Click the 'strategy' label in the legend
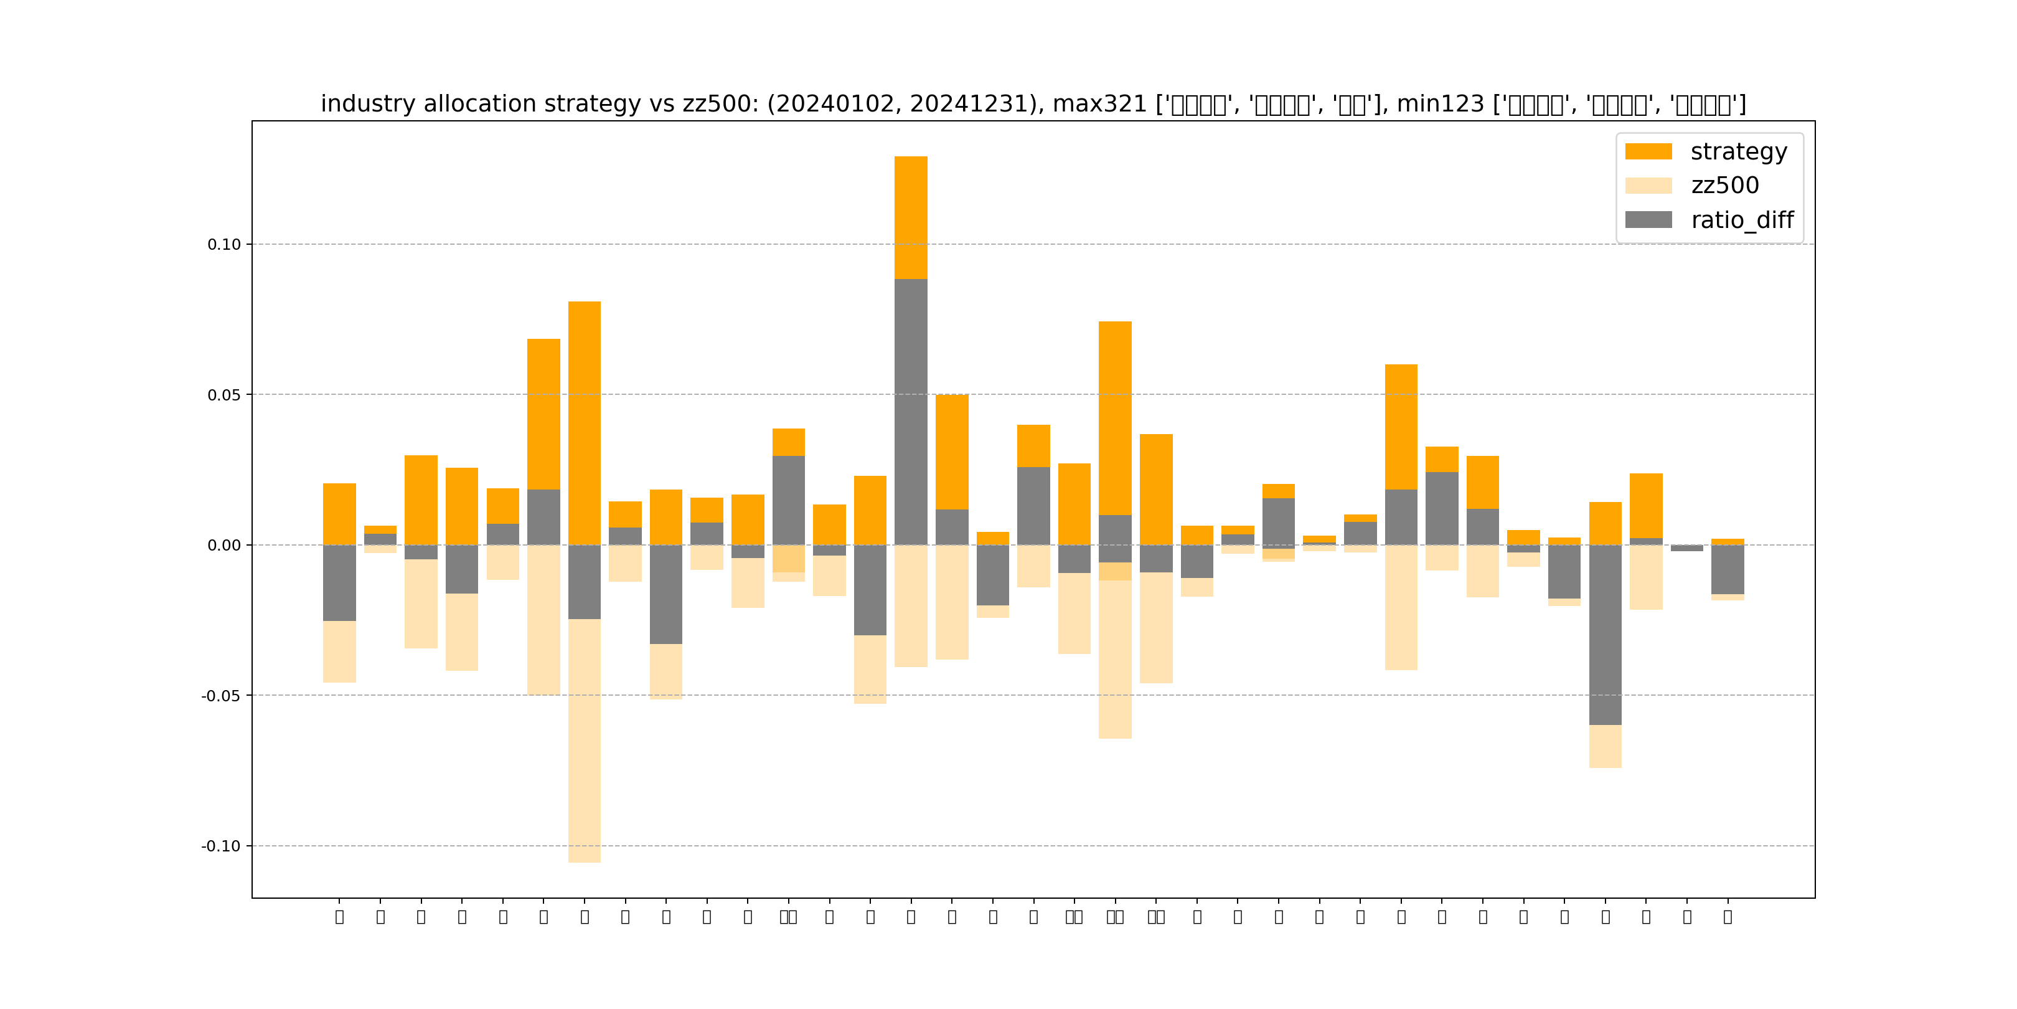point(1738,151)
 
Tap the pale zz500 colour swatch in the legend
point(1648,186)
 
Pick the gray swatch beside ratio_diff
point(1648,219)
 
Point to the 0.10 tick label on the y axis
point(224,244)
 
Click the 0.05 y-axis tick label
point(224,395)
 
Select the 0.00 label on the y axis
point(224,545)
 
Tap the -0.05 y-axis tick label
point(221,696)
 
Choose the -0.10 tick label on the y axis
point(221,846)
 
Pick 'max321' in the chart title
point(1099,104)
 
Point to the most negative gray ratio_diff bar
point(1605,635)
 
